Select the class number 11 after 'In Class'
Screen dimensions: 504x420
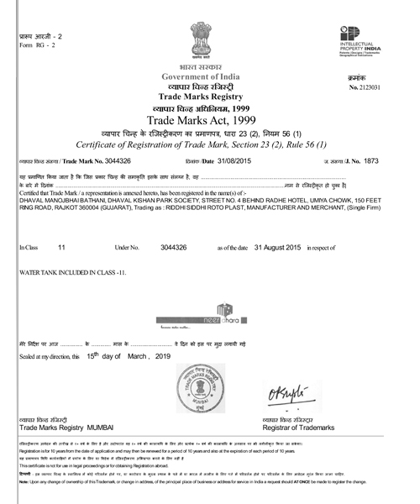[61, 248]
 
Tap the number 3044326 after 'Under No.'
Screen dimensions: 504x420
[173, 248]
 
